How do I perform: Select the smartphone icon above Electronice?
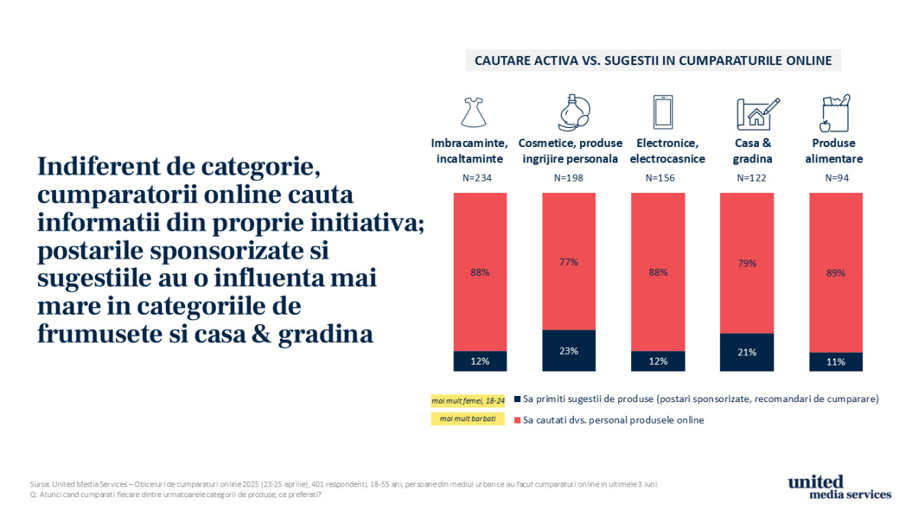click(662, 112)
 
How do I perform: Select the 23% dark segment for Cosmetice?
click(568, 351)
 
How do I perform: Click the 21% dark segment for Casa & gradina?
click(747, 352)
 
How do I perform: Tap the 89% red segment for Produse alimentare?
click(836, 272)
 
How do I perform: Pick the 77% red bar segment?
click(568, 261)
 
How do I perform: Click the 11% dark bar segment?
click(836, 362)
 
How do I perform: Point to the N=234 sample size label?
click(480, 178)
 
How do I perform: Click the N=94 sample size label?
click(836, 178)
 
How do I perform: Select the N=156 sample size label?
click(657, 178)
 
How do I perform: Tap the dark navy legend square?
click(517, 399)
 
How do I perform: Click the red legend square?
click(517, 420)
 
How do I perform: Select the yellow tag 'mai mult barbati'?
click(467, 419)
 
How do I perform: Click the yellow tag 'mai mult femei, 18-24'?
click(467, 400)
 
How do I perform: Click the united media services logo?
click(839, 487)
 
